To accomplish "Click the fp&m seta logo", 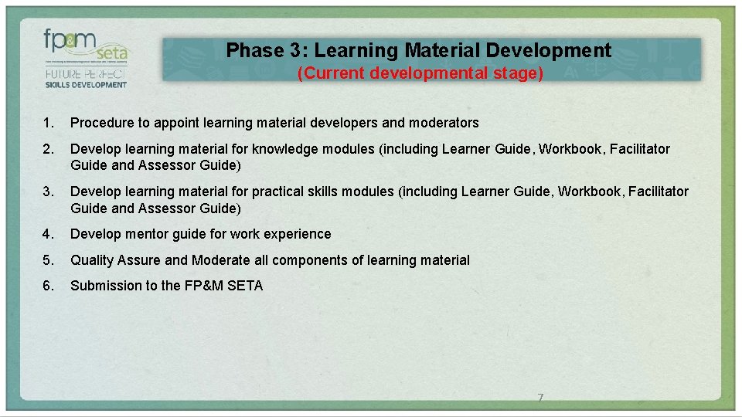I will pos(85,46).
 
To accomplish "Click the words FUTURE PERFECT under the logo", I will pos(85,75).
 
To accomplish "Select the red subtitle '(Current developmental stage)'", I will pos(421,73).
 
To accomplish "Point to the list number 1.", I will pos(49,123).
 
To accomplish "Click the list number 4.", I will pos(49,234).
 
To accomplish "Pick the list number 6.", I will pos(49,286).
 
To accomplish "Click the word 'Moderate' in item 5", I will pos(220,260).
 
